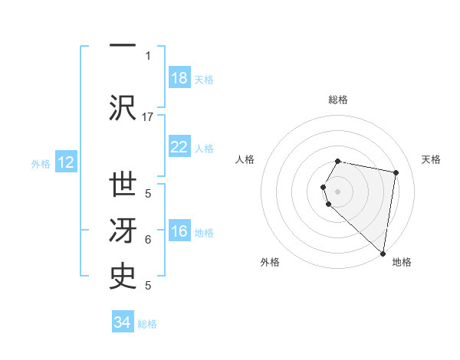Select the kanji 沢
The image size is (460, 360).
tap(123, 107)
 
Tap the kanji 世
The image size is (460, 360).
tap(123, 186)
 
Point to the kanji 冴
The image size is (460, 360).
tap(123, 232)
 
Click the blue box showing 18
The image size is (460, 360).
tap(179, 78)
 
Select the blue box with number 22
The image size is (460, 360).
tap(179, 147)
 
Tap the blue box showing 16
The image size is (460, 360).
tap(179, 232)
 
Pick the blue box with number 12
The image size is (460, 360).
tap(66, 162)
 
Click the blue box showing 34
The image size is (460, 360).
tap(123, 322)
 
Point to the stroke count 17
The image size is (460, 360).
tap(148, 116)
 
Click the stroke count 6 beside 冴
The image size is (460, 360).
tap(148, 240)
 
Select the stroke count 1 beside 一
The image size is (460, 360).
tap(148, 55)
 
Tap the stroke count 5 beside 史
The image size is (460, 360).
tap(148, 286)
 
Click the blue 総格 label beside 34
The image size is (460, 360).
tap(147, 324)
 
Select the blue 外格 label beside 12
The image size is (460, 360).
tap(41, 163)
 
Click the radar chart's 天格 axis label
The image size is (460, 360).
tap(431, 159)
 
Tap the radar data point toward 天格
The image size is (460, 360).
tap(396, 173)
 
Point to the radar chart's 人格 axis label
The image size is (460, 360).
tap(245, 159)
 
